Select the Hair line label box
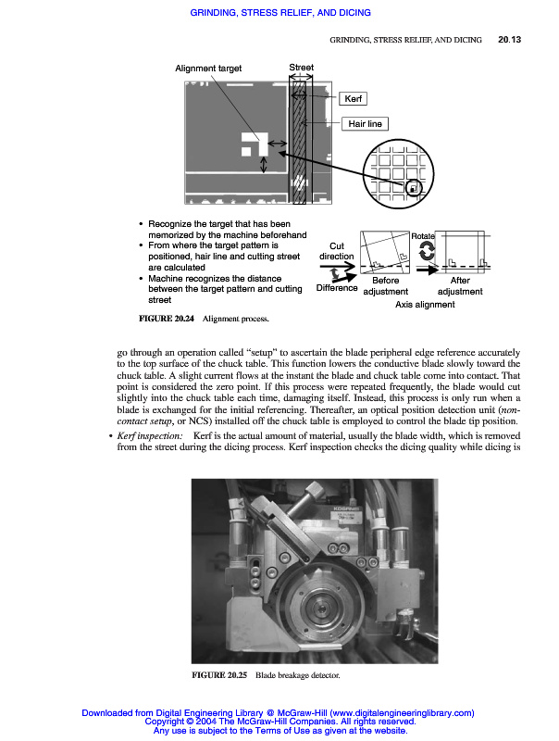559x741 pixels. pos(363,123)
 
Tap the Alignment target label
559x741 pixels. pos(208,69)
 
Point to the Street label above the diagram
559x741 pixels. pos(301,68)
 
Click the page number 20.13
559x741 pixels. pos(510,40)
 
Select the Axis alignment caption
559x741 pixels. pos(425,304)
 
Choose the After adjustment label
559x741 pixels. pos(459,285)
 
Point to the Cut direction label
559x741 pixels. pos(336,250)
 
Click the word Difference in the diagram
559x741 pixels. pos(336,287)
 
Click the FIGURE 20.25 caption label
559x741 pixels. pos(218,676)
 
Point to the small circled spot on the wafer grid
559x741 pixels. pos(413,188)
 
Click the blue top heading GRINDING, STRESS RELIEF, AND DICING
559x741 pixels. pos(279,13)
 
